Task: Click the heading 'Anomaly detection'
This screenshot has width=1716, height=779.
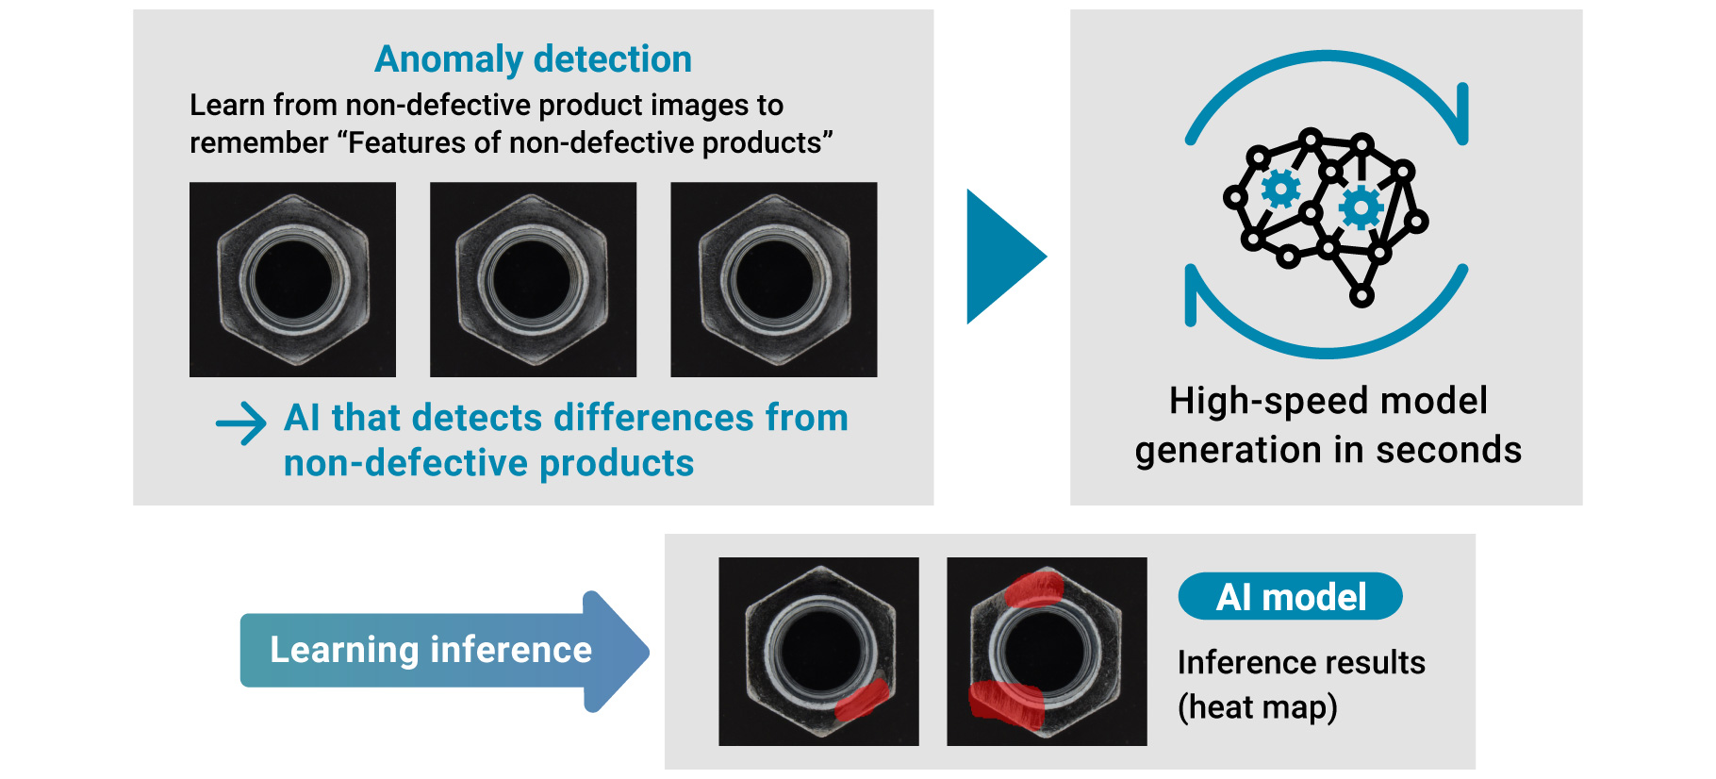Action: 533,59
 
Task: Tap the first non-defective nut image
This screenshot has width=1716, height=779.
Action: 292,280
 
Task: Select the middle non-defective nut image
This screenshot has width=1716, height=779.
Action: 533,280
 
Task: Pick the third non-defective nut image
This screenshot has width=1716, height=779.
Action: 773,280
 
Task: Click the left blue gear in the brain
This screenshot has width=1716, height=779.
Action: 1280,189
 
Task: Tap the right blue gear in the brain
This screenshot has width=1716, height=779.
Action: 1361,207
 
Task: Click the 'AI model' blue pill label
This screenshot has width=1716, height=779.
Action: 1290,597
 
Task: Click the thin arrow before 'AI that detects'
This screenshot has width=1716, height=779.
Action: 241,423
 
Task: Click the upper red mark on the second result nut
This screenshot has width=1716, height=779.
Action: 1034,588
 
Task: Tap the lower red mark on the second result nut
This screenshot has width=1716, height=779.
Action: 1006,704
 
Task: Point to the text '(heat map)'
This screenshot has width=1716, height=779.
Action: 1257,707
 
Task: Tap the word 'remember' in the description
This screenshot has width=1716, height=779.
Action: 258,143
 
